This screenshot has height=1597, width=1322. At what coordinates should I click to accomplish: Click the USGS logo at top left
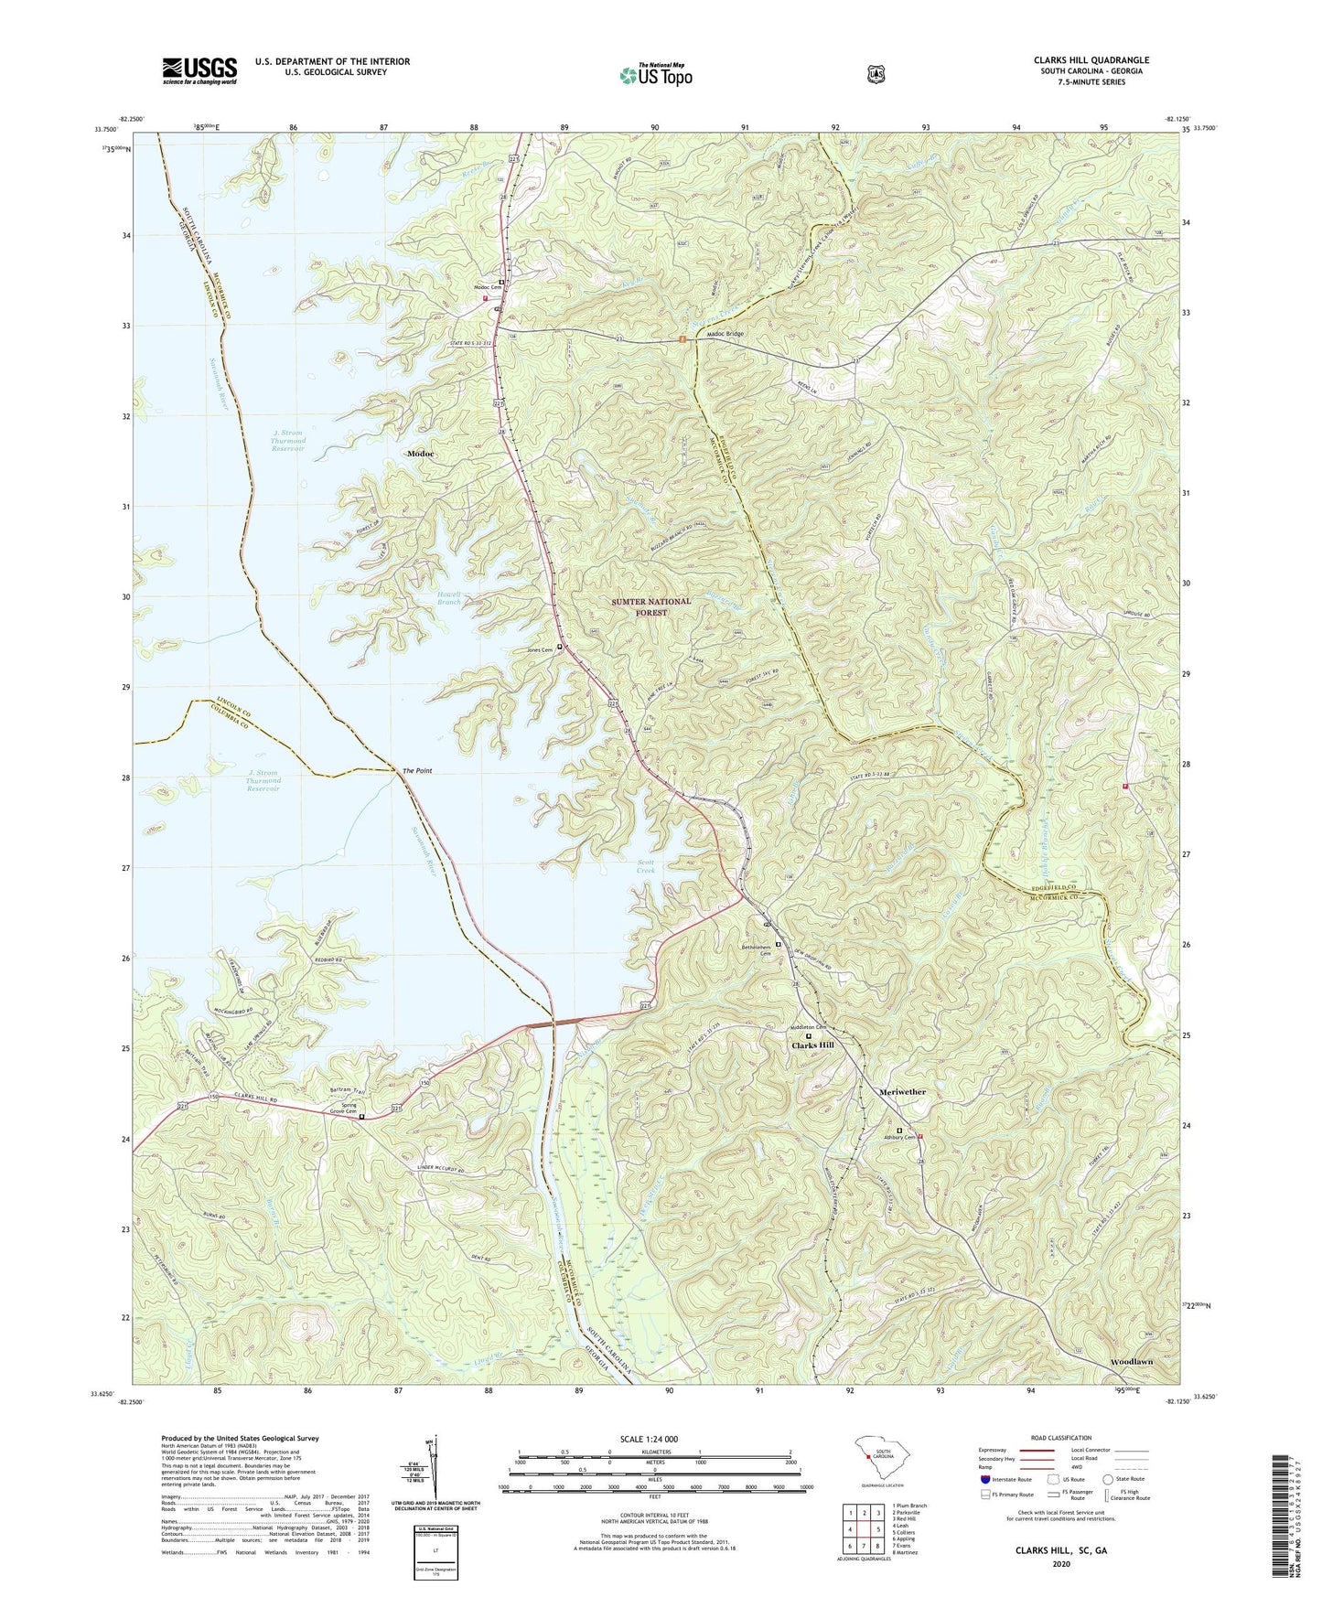[x=199, y=70]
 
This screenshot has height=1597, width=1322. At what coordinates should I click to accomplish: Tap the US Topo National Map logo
[x=654, y=74]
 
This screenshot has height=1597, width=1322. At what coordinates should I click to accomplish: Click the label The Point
[x=417, y=771]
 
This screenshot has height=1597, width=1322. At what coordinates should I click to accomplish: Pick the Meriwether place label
[x=902, y=1092]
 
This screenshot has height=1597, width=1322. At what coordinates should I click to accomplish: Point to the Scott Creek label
[x=646, y=866]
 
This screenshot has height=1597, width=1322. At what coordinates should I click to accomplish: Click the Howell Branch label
[x=448, y=598]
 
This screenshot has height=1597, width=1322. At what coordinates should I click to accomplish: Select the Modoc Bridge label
[x=724, y=334]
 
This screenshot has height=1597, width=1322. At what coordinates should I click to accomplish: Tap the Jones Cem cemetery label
[x=541, y=650]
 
